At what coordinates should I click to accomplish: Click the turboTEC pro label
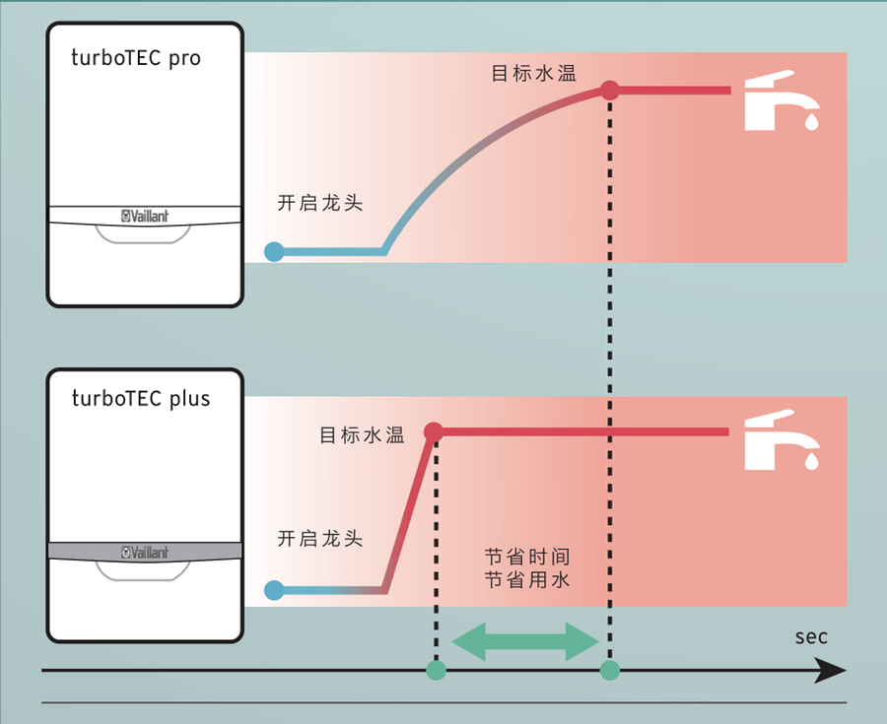click(136, 57)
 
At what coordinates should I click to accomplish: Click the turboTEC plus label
click(141, 399)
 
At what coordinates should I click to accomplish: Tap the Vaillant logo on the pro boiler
click(145, 217)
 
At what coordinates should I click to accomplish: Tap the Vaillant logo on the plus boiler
click(145, 552)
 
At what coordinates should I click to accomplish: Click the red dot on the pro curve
click(610, 91)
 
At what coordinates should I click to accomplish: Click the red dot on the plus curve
click(433, 431)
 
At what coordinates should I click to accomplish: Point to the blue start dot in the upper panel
click(275, 251)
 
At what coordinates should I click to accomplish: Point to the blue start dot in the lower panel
click(275, 591)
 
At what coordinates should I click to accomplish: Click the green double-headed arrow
click(525, 642)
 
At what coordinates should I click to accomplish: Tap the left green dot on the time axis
click(436, 671)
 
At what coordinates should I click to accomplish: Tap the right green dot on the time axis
click(610, 671)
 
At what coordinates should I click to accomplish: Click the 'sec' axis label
click(811, 636)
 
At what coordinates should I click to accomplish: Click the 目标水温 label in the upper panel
click(533, 74)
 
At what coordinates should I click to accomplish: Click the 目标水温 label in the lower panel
click(362, 435)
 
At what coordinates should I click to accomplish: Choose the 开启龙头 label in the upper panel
click(320, 203)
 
